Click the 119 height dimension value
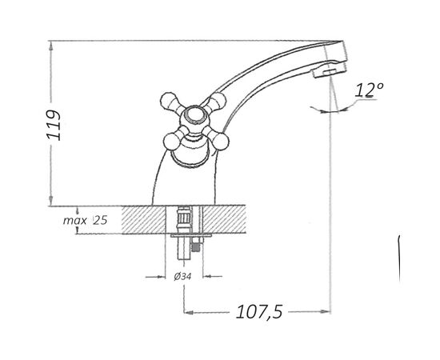coord(54,125)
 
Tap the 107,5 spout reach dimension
coord(259,312)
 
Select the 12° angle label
coord(369,90)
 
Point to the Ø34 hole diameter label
coord(182,277)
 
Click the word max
coord(74,221)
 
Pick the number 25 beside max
coord(101,221)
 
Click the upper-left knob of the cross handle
coord(169,101)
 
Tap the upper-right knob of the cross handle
coord(218,101)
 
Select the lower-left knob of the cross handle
coord(172,142)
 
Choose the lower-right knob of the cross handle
coord(220,142)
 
